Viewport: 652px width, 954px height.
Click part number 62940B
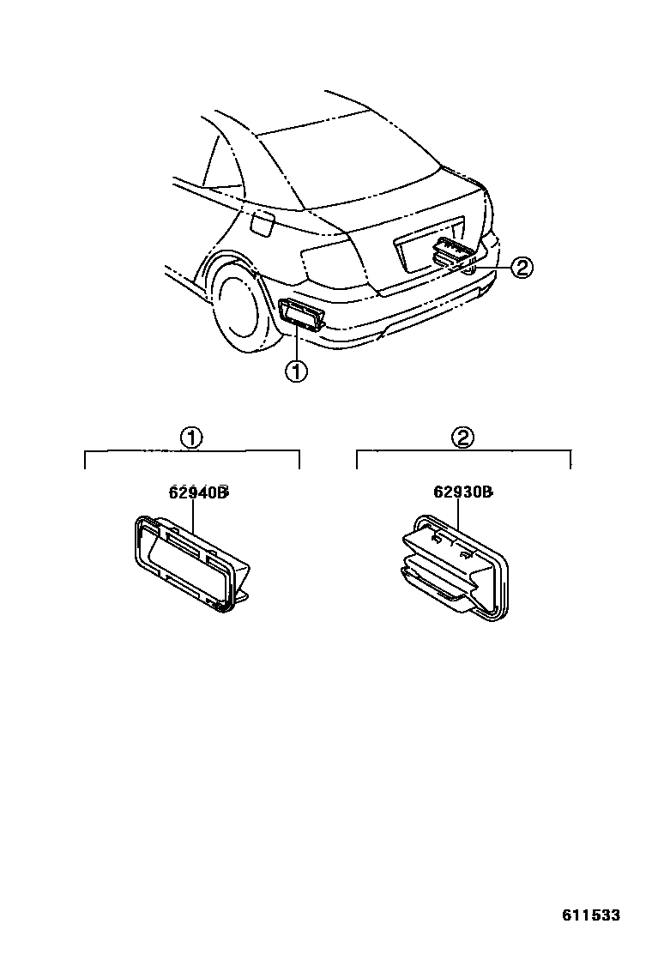(197, 492)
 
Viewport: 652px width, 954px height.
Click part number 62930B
(462, 492)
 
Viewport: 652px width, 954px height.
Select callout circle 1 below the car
(295, 372)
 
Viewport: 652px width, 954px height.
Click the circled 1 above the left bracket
(190, 438)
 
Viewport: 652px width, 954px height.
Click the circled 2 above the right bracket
(462, 438)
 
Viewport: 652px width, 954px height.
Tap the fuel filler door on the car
(261, 225)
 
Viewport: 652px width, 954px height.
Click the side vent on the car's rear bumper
(300, 314)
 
